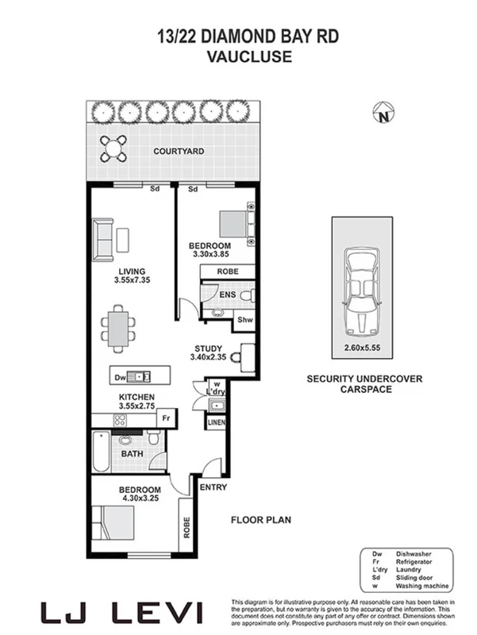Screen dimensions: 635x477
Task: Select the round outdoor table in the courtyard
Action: (113, 146)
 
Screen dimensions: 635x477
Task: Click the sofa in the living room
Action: (102, 240)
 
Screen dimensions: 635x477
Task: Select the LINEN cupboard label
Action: (216, 423)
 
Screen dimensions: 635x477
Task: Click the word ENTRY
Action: (213, 487)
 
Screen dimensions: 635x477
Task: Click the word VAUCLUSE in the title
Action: (238, 56)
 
